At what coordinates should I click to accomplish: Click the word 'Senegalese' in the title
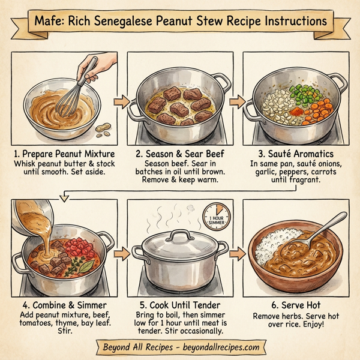pos(152,22)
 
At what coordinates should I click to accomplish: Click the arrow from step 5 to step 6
pos(238,253)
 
